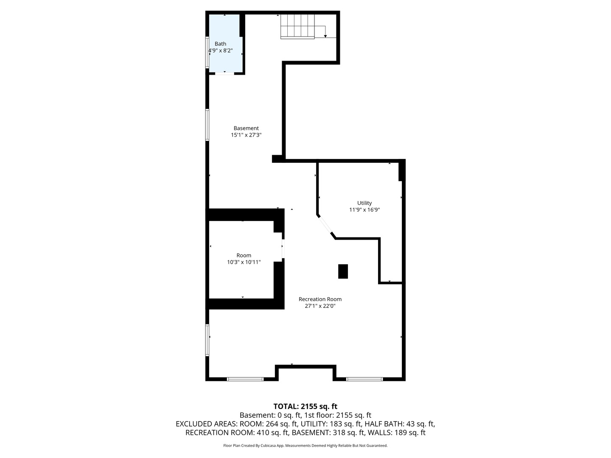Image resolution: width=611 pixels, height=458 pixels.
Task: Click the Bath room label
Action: click(220, 44)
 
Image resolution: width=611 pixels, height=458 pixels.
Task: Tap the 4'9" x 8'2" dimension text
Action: click(220, 50)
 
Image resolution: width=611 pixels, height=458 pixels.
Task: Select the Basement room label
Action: click(246, 128)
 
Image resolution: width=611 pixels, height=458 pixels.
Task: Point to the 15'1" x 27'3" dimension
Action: click(246, 135)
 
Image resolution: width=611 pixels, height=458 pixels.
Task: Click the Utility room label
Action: click(364, 203)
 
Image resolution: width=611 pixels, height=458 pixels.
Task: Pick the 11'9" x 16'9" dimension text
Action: click(364, 209)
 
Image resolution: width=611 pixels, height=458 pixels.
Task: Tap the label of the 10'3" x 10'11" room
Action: click(244, 255)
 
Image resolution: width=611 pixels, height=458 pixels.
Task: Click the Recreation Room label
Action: click(320, 299)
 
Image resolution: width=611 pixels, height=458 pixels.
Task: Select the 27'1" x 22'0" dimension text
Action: click(320, 306)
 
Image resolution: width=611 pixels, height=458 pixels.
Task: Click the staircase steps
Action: click(297, 26)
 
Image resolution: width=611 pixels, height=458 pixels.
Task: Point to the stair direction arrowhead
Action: click(325, 36)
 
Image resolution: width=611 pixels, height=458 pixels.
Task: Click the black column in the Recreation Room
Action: click(343, 271)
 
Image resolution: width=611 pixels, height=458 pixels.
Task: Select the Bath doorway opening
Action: click(224, 73)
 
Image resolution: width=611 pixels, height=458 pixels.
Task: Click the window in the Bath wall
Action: click(207, 52)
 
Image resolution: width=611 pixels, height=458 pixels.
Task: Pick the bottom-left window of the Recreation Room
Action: click(245, 379)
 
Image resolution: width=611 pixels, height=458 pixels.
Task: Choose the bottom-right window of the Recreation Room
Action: click(364, 379)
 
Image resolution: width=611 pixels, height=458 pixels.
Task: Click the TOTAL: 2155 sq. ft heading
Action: click(305, 406)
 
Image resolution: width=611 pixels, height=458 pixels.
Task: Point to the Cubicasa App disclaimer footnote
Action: click(305, 445)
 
